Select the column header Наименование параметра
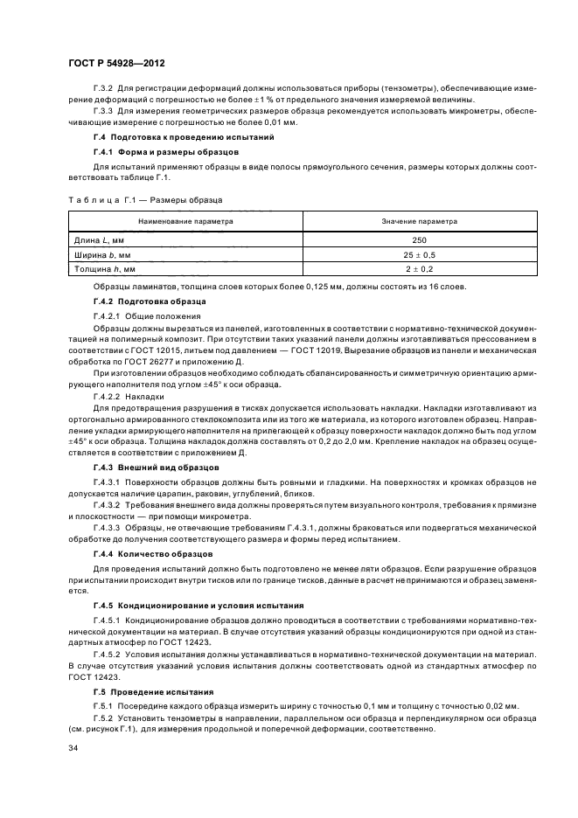[185, 222]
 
